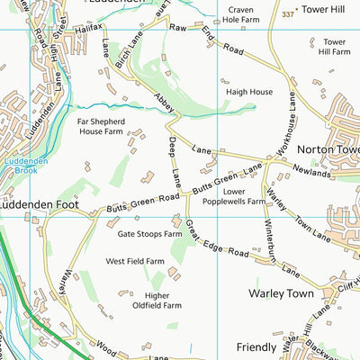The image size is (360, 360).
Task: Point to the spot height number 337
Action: pyautogui.click(x=288, y=14)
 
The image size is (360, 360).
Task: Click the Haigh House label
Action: pyautogui.click(x=248, y=92)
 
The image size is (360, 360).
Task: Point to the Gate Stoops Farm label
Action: pyautogui.click(x=145, y=234)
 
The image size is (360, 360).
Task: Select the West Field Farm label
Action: pyautogui.click(x=135, y=261)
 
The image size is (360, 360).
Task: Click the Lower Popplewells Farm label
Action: pyautogui.click(x=246, y=197)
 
